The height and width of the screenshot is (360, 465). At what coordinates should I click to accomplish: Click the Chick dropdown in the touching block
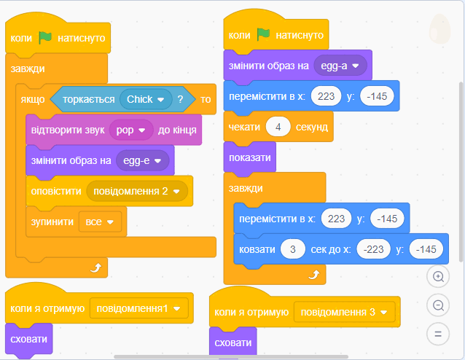pos(146,99)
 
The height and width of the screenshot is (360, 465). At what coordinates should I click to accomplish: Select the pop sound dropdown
pos(131,130)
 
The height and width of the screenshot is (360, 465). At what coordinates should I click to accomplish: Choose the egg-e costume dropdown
pos(143,160)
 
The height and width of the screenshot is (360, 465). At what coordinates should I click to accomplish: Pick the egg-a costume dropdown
pos(340,66)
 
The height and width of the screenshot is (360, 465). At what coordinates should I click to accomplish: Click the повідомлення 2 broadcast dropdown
pos(137,191)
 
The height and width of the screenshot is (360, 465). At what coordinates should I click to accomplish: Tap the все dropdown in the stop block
pos(100,222)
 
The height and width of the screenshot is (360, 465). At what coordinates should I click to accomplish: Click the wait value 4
pos(278,127)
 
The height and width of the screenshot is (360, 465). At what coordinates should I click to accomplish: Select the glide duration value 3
pos(293,249)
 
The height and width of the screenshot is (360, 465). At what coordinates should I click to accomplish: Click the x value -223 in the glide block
pos(373,249)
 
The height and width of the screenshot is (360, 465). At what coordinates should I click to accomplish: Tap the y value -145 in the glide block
pos(426,249)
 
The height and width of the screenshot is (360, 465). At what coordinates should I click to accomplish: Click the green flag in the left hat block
pos(45,38)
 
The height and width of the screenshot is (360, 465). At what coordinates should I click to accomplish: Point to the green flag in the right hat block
pos(263,35)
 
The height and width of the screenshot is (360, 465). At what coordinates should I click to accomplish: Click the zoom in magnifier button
pos(438,276)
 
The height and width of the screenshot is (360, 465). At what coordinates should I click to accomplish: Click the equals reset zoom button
pos(438,334)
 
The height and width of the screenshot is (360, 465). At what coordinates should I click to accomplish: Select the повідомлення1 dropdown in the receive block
pos(138,308)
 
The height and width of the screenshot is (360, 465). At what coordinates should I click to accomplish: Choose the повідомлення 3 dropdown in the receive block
pos(344,312)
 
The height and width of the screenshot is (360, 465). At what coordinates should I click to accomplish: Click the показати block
pos(250,157)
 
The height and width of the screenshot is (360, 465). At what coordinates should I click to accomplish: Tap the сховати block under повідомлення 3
pos(232,343)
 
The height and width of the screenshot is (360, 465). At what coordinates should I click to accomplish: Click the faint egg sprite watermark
pos(439,28)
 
